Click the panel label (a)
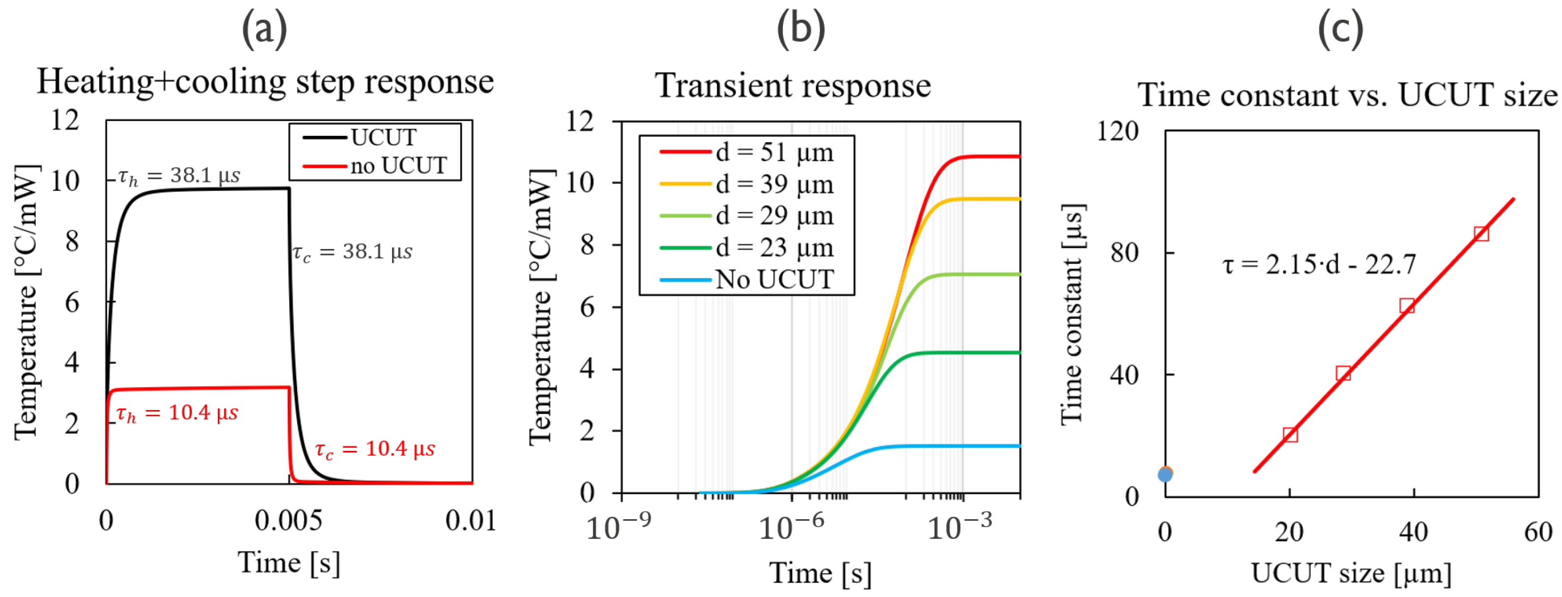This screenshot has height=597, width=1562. coord(265,29)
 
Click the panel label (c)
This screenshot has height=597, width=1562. coord(1341,29)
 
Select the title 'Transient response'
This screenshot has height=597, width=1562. coord(792,86)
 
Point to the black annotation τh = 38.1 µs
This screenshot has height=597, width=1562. coord(179,176)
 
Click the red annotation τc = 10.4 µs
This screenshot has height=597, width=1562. coord(375,449)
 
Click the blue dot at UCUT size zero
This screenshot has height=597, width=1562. coord(1165,474)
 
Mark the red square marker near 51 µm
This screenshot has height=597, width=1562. coord(1481,234)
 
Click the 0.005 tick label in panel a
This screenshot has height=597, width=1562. coord(288,521)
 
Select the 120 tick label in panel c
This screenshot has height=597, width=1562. coord(1117,131)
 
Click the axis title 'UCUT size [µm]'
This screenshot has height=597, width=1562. coord(1351,573)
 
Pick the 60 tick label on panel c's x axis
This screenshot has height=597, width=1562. coord(1538,532)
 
